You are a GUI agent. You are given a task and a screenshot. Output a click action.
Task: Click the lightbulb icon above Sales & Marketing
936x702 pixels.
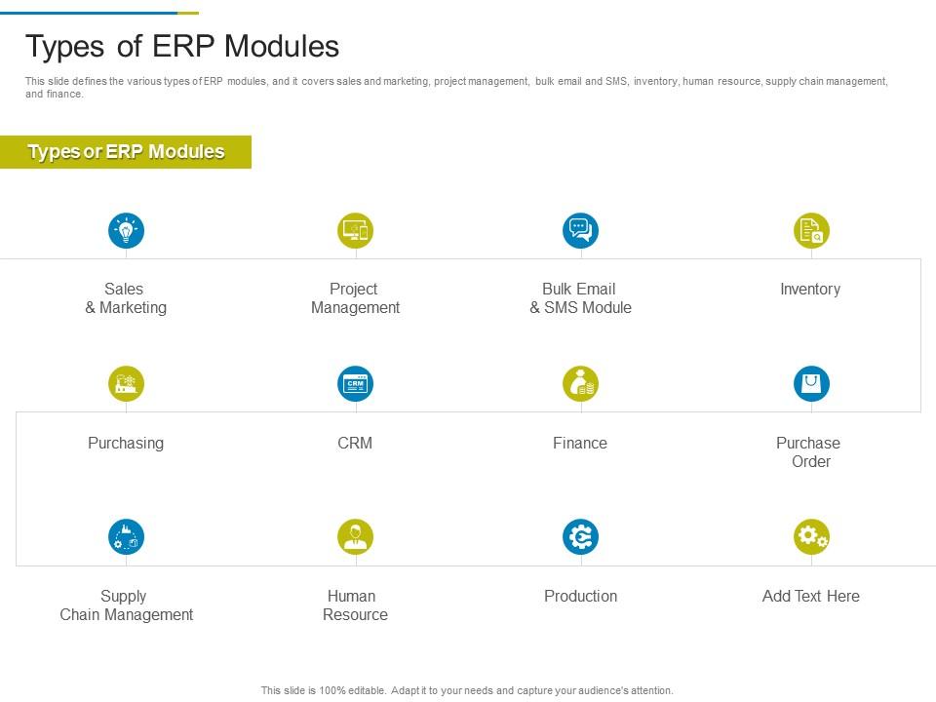pos(126,230)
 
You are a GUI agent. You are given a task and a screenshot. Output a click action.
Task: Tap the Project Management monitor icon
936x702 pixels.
pos(355,230)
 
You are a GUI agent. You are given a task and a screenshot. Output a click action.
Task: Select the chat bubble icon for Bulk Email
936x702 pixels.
pos(580,230)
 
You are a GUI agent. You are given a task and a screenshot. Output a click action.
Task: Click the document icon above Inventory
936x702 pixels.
pos(811,230)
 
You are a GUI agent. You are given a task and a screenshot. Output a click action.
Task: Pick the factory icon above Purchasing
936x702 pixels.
pos(126,383)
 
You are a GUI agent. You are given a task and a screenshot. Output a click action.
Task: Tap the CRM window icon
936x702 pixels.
pos(355,383)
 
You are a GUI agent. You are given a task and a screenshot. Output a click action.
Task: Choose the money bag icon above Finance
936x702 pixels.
pos(580,383)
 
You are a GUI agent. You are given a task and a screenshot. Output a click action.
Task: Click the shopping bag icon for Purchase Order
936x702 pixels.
pos(811,383)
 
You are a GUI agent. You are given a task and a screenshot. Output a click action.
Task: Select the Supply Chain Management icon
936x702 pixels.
pos(126,536)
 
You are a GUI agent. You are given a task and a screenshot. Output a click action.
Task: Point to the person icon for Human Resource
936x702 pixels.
pos(355,536)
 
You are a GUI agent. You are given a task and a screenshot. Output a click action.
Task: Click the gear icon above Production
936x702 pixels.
pos(580,536)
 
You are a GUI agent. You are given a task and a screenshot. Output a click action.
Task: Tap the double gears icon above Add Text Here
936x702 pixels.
pos(811,536)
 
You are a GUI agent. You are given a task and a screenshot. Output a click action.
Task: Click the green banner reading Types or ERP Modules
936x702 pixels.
pos(126,152)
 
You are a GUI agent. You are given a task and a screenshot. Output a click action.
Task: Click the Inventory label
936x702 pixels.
pos(810,290)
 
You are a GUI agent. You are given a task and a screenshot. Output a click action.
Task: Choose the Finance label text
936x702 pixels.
pos(579,443)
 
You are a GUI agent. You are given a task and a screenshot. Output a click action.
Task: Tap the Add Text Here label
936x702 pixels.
pos(810,596)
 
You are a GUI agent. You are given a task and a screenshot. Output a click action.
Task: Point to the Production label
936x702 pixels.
pos(580,596)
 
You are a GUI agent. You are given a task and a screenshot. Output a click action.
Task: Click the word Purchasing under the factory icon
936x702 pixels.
pos(126,444)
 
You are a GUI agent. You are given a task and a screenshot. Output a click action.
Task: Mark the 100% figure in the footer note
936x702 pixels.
pos(331,690)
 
